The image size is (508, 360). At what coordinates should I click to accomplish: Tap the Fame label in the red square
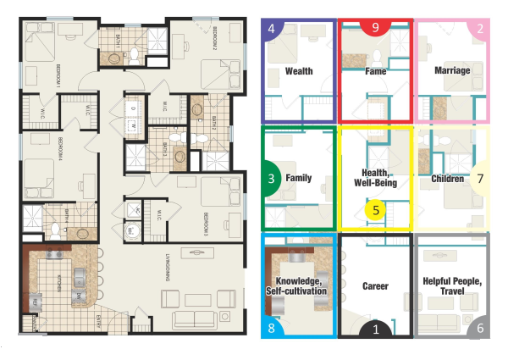coord(375,71)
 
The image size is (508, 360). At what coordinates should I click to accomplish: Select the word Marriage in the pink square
coord(451,71)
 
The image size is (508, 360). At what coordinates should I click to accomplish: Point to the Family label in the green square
coord(298,179)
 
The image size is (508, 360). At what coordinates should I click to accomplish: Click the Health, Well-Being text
coord(374,177)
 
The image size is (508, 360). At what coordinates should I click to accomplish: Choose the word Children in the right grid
coord(447,179)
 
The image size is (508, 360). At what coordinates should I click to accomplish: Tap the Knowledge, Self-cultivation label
coord(300,285)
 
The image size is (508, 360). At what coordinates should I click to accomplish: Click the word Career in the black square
coord(374,286)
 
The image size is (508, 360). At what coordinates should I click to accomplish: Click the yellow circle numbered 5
coord(376,206)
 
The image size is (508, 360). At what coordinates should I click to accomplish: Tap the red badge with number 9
coord(375,28)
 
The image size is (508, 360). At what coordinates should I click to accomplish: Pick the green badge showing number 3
coord(271,179)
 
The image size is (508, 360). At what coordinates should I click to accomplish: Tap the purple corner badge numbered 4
coord(271,30)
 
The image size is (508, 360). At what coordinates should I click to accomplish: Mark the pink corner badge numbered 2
coord(480,30)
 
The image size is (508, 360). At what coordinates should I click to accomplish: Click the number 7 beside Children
coord(480,180)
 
